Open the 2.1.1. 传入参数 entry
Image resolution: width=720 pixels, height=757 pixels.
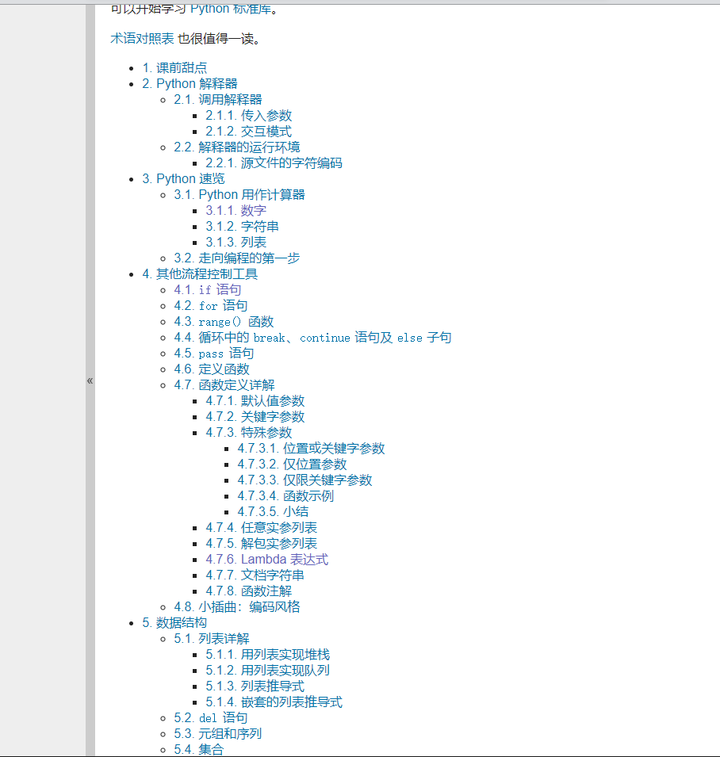coord(248,116)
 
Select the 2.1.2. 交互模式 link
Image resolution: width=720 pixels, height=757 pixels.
coord(248,132)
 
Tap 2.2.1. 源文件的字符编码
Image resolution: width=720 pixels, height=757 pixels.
coord(274,163)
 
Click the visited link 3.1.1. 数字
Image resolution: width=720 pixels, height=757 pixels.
coord(236,211)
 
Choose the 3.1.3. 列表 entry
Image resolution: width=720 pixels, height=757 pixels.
coord(236,243)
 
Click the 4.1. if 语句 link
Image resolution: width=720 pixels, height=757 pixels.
coord(207,290)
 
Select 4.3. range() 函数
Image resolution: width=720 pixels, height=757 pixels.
coord(224,322)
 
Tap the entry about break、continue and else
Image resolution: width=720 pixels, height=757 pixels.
coord(312,338)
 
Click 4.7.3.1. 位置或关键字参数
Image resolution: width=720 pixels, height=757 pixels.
coord(311,449)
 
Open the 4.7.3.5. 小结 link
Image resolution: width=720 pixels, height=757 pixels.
coord(273,512)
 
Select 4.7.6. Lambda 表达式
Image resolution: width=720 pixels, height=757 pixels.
coord(266,560)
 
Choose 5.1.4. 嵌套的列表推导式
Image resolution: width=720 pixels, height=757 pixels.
coord(274,702)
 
